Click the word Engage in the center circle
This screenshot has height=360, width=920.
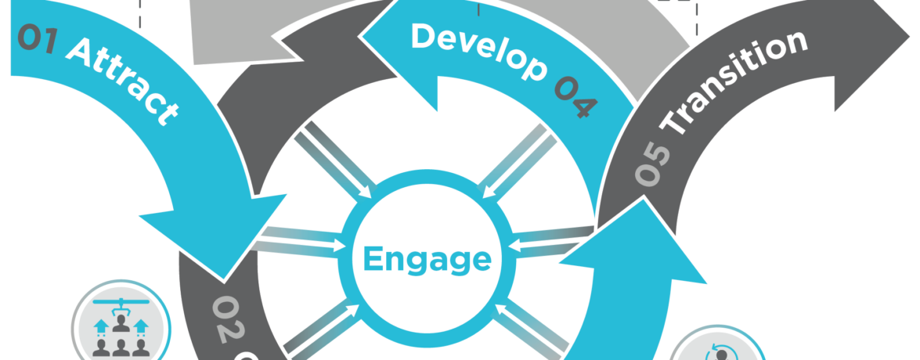point(428,259)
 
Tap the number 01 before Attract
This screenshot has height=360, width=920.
point(36,38)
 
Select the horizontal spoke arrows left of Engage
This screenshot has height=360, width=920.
point(301,239)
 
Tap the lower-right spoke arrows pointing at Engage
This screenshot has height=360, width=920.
point(532,329)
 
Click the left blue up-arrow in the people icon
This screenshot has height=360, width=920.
point(99,326)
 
